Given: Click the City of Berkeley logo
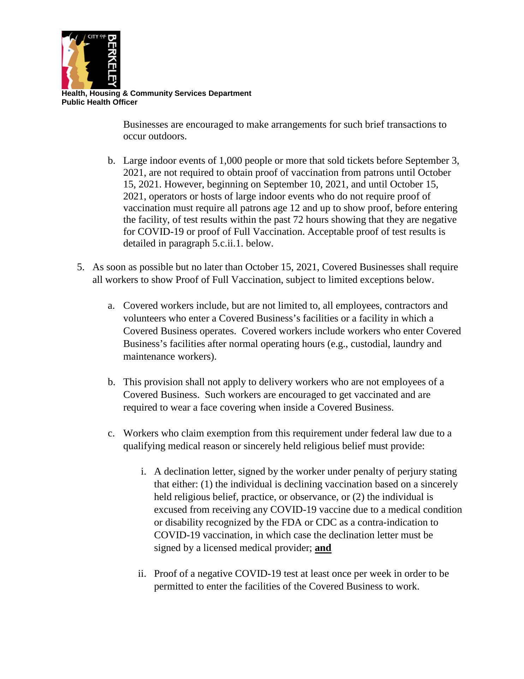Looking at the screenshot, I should click(x=91, y=60).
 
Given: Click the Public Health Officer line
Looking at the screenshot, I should click(x=99, y=102).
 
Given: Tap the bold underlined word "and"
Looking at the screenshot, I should click(x=323, y=548).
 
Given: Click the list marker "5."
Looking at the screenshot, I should click(x=81, y=267).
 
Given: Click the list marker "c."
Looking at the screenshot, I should click(x=111, y=433).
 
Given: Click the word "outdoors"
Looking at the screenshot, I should click(x=166, y=137).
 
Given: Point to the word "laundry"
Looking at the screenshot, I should click(x=407, y=344).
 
